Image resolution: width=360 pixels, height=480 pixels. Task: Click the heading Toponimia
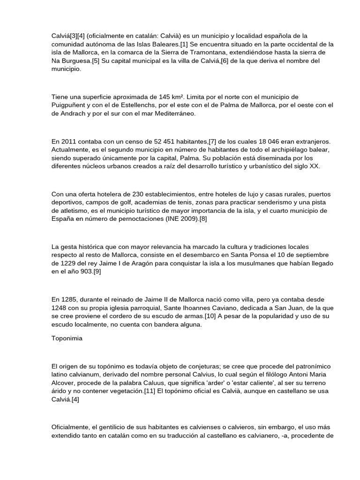click(67, 339)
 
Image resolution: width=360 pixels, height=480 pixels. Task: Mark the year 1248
click(60, 307)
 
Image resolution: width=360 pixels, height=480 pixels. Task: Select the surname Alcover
click(64, 382)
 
